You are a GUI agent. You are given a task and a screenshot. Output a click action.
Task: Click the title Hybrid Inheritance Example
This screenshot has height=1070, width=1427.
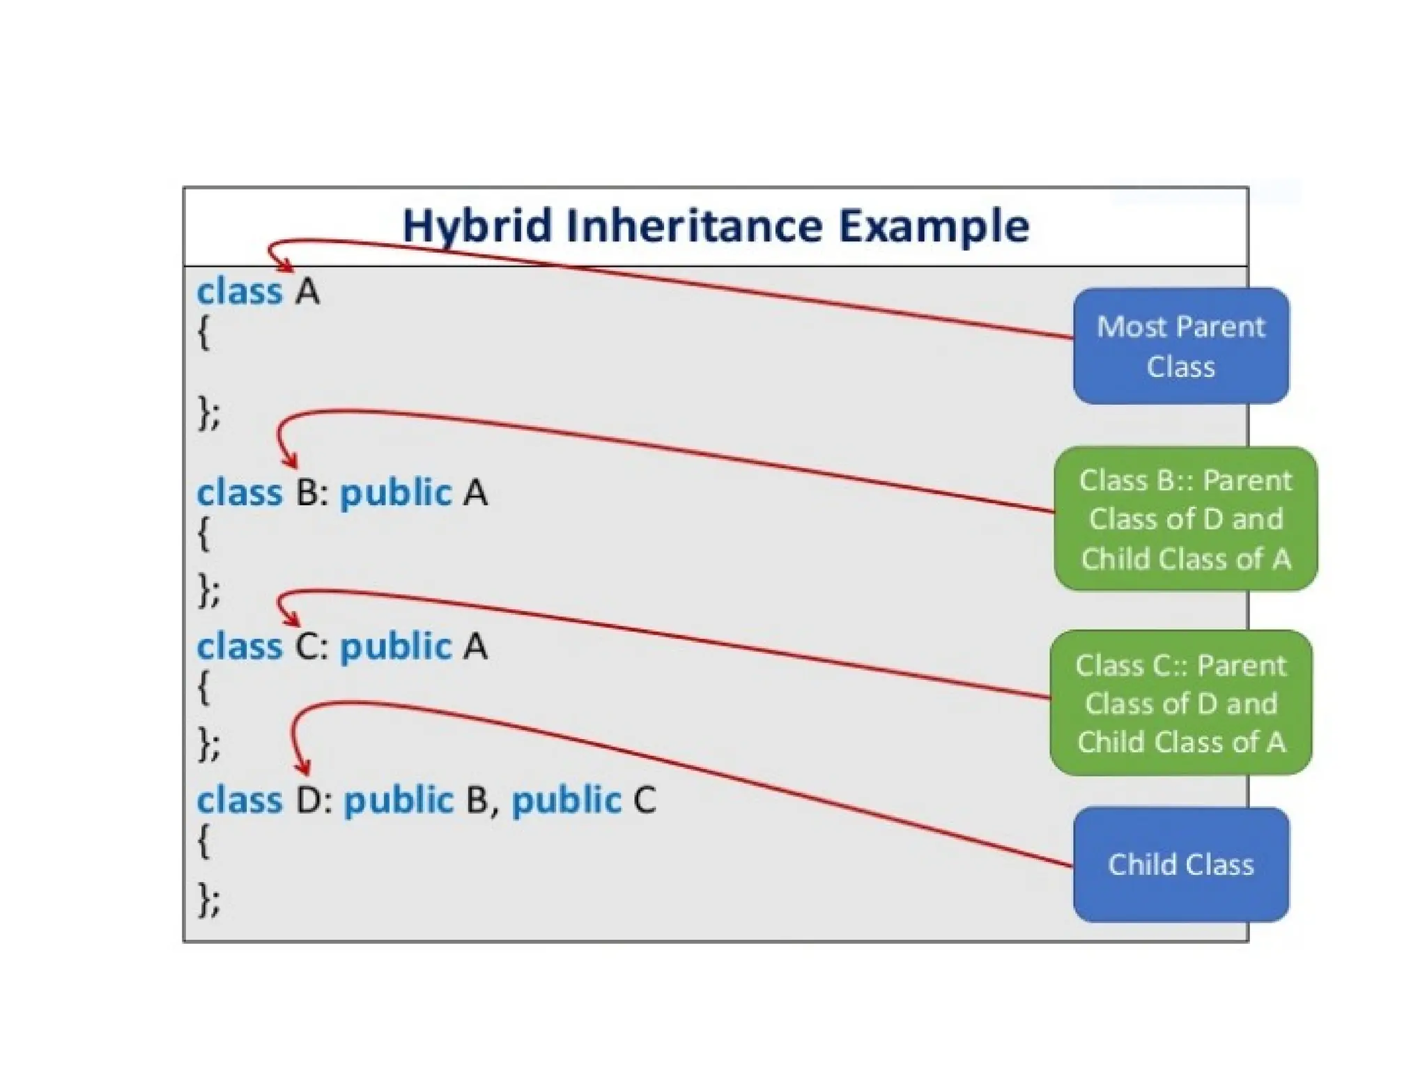tap(716, 226)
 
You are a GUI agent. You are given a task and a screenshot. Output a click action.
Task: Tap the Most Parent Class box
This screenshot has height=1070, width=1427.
tap(1180, 346)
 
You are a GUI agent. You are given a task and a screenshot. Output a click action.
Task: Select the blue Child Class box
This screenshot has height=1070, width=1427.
tap(1180, 864)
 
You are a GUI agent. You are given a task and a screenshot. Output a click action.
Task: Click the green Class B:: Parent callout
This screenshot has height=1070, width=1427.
tap(1185, 519)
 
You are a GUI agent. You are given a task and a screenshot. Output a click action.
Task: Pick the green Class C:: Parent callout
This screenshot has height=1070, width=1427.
tap(1180, 703)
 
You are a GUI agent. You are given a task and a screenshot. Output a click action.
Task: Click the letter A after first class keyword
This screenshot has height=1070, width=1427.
tap(307, 292)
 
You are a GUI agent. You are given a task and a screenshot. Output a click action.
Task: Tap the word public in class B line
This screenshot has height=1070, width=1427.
tap(396, 493)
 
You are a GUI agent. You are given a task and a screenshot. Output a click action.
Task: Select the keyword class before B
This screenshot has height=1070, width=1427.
tap(239, 493)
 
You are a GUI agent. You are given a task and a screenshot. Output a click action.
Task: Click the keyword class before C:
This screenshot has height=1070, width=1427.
tap(239, 646)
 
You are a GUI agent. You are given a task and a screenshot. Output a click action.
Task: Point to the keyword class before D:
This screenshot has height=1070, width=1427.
tap(239, 800)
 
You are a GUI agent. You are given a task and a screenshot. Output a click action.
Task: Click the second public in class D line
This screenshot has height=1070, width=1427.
tap(566, 800)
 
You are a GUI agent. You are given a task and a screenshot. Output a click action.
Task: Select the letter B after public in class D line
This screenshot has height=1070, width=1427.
tap(477, 800)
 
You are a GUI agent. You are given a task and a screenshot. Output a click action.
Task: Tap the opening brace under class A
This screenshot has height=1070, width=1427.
tap(203, 333)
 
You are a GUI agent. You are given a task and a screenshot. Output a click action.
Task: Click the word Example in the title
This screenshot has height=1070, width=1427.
tap(933, 226)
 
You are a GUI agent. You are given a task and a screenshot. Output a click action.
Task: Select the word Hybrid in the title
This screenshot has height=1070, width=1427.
tap(478, 226)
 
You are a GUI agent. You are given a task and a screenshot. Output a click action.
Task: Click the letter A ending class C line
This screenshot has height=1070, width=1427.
tap(475, 646)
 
